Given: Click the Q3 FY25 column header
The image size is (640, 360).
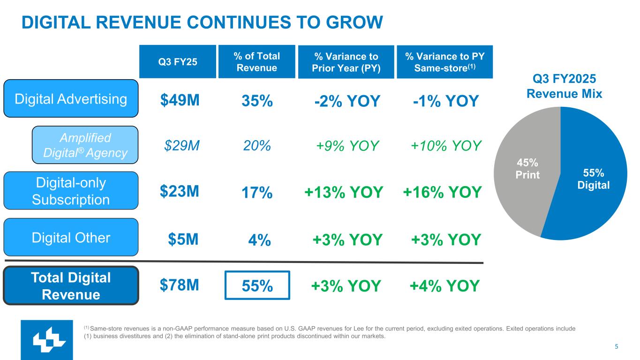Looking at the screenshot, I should pyautogui.click(x=177, y=61).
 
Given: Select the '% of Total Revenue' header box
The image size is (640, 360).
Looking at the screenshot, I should pyautogui.click(x=256, y=62).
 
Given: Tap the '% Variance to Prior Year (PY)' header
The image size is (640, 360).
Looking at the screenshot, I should pyautogui.click(x=346, y=62).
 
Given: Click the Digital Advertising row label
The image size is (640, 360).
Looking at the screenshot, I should pyautogui.click(x=71, y=98).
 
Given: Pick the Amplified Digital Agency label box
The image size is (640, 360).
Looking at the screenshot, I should pyautogui.click(x=85, y=145).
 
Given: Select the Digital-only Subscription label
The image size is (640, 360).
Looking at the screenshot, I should pyautogui.click(x=71, y=191).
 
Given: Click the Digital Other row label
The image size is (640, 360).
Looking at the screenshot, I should pyautogui.click(x=71, y=238).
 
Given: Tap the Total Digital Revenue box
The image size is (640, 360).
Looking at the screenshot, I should pyautogui.click(x=71, y=285).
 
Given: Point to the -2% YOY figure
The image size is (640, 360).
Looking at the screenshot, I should pyautogui.click(x=346, y=101).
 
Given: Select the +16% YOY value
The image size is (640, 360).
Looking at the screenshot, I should pyautogui.click(x=442, y=192).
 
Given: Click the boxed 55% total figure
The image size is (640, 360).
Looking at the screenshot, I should pyautogui.click(x=257, y=285).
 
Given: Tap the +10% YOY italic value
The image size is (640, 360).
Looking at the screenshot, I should pyautogui.click(x=446, y=146).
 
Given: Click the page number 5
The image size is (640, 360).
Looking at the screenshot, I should pyautogui.click(x=617, y=347).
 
